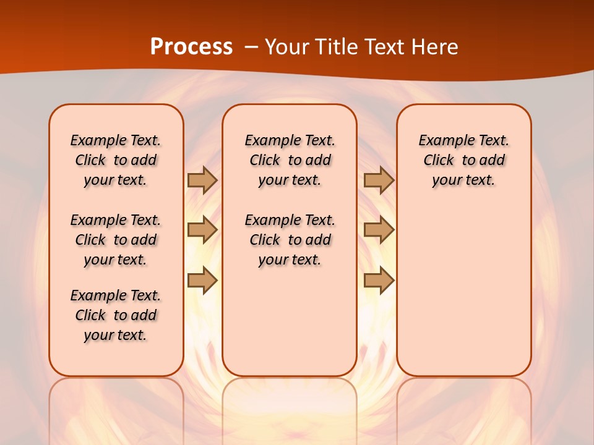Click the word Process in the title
pyautogui.click(x=191, y=46)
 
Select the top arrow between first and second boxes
pyautogui.click(x=202, y=180)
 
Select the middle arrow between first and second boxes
pyautogui.click(x=202, y=230)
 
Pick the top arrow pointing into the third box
pyautogui.click(x=379, y=180)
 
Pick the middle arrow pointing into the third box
pyautogui.click(x=379, y=230)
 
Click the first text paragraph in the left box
pyautogui.click(x=116, y=160)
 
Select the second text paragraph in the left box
pyautogui.click(x=116, y=240)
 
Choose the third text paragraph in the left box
pyautogui.click(x=116, y=315)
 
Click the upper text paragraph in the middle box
pyautogui.click(x=290, y=160)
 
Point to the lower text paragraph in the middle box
pyautogui.click(x=290, y=240)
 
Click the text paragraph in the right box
pyautogui.click(x=463, y=160)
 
